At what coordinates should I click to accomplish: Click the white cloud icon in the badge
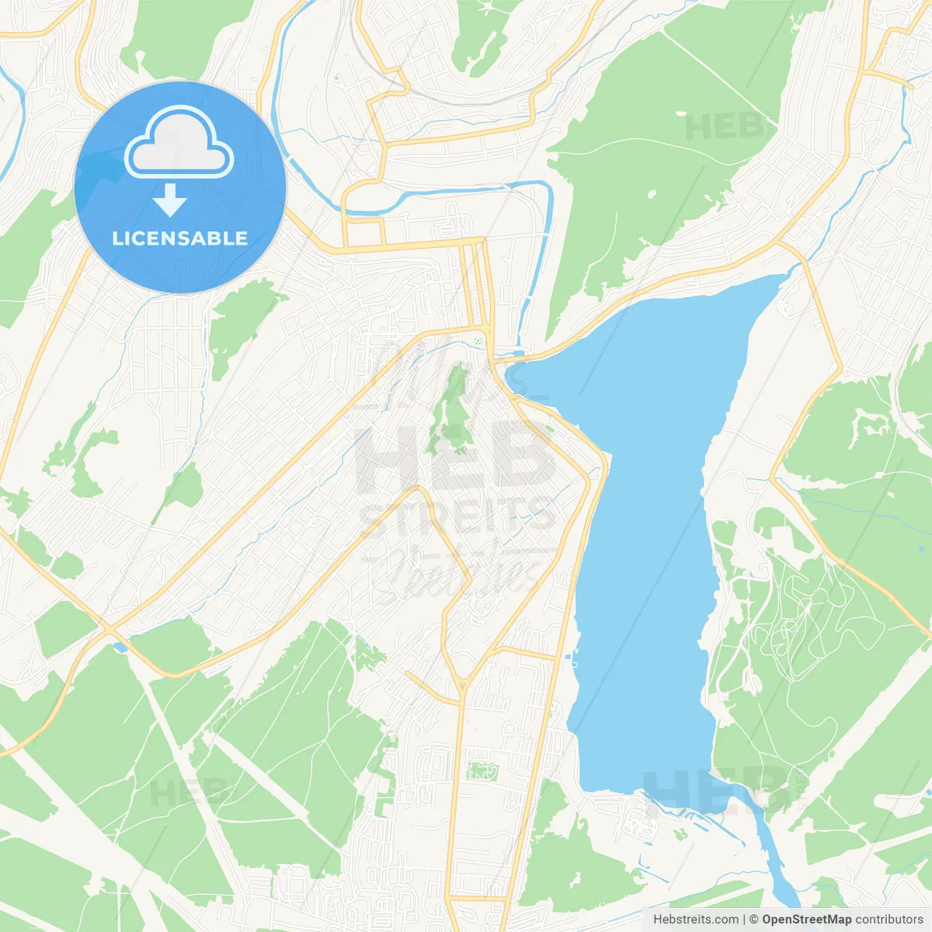[179, 144]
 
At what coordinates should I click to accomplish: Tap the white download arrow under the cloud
[170, 200]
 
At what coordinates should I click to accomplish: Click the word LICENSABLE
[180, 239]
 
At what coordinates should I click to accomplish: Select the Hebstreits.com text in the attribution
[695, 920]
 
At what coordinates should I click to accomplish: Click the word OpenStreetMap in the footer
[806, 920]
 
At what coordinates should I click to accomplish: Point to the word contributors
[889, 920]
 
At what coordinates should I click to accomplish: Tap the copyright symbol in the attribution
[754, 920]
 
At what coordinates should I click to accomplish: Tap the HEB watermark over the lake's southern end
[717, 790]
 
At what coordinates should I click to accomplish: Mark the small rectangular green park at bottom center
[481, 770]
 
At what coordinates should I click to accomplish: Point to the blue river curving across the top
[451, 194]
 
